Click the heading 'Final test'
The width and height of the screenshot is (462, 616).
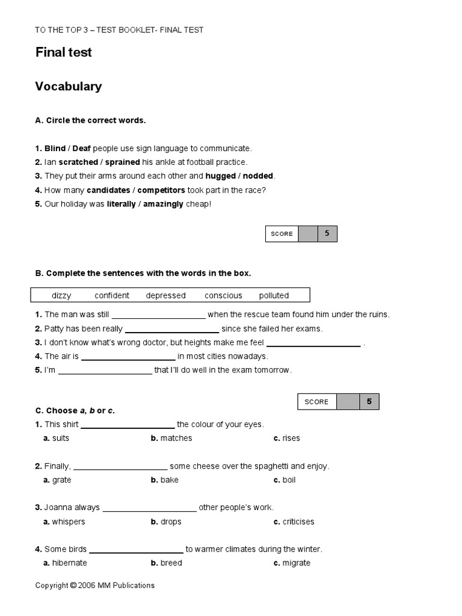(63, 53)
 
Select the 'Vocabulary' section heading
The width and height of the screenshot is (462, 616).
(69, 87)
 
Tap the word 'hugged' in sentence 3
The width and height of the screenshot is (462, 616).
(221, 176)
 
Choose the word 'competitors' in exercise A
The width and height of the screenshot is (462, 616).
(161, 190)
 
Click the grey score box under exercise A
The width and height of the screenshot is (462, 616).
(307, 234)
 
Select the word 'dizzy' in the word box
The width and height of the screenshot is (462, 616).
(61, 295)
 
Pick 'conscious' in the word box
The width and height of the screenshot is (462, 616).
(223, 295)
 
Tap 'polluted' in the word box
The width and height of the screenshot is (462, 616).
(274, 295)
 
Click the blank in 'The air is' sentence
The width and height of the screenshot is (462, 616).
(128, 357)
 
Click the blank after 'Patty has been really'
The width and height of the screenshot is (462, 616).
(172, 329)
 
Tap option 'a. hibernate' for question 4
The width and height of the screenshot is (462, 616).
(65, 563)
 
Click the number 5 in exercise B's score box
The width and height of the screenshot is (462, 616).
(369, 401)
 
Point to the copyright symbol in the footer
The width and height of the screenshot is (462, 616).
(73, 585)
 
